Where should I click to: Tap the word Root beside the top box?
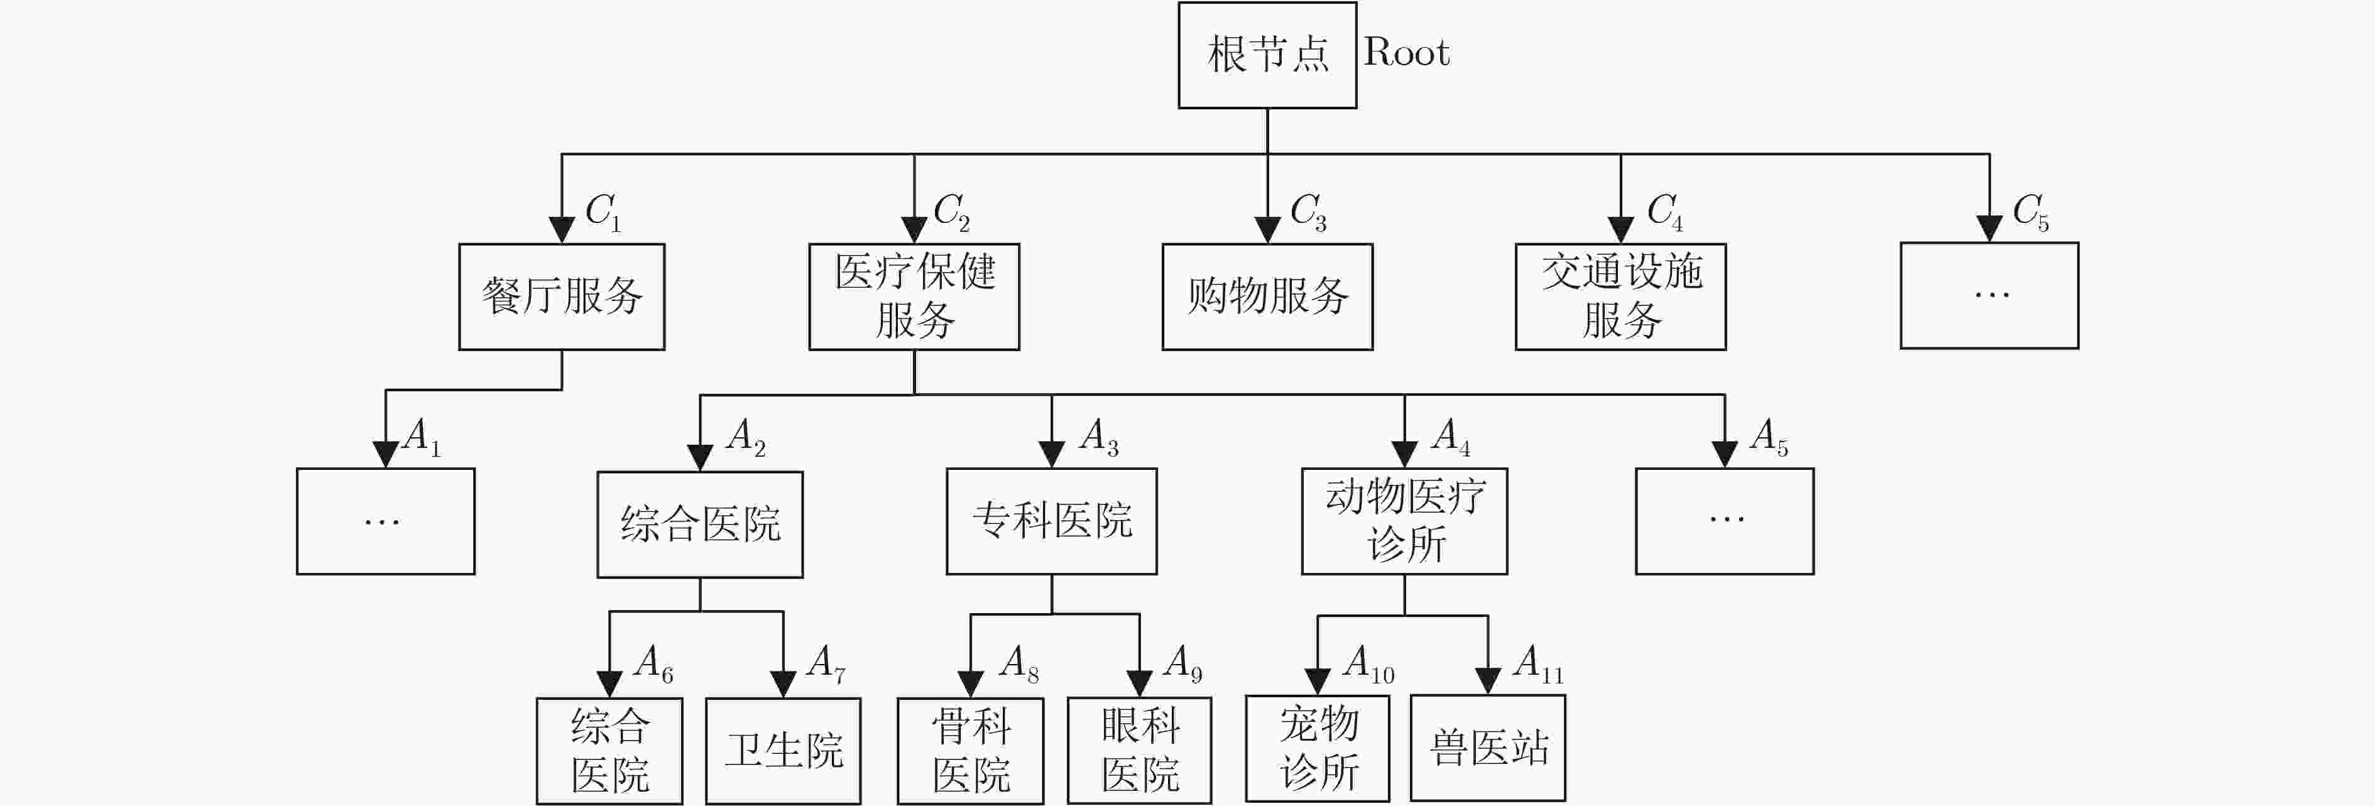[1406, 53]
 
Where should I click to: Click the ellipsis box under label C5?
[1990, 295]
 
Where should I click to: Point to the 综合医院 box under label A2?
[700, 525]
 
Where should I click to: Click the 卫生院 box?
[783, 751]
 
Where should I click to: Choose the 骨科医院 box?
[970, 751]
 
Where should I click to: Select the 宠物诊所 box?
[1318, 748]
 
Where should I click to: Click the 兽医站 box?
[1487, 748]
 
